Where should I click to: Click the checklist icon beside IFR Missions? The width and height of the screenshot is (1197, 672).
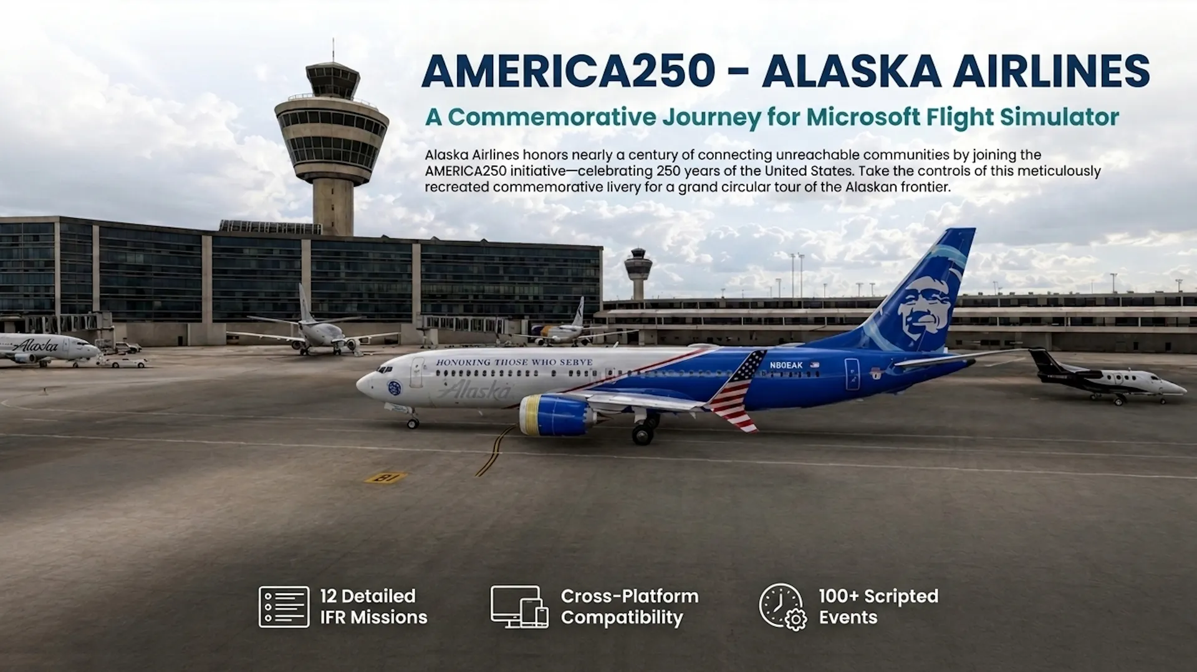284,606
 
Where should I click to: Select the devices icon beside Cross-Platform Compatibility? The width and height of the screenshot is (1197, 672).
519,606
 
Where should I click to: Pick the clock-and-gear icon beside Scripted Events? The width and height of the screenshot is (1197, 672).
782,606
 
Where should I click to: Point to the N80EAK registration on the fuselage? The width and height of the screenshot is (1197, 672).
786,366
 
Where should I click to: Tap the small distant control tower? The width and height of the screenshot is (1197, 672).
638,273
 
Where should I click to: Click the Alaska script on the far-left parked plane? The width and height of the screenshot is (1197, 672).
35,345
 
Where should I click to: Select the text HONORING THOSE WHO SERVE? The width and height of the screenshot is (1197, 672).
514,363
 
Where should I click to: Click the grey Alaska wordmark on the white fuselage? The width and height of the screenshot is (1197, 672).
474,391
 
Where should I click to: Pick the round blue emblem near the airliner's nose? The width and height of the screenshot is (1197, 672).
394,387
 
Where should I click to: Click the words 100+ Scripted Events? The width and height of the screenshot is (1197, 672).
878,606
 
